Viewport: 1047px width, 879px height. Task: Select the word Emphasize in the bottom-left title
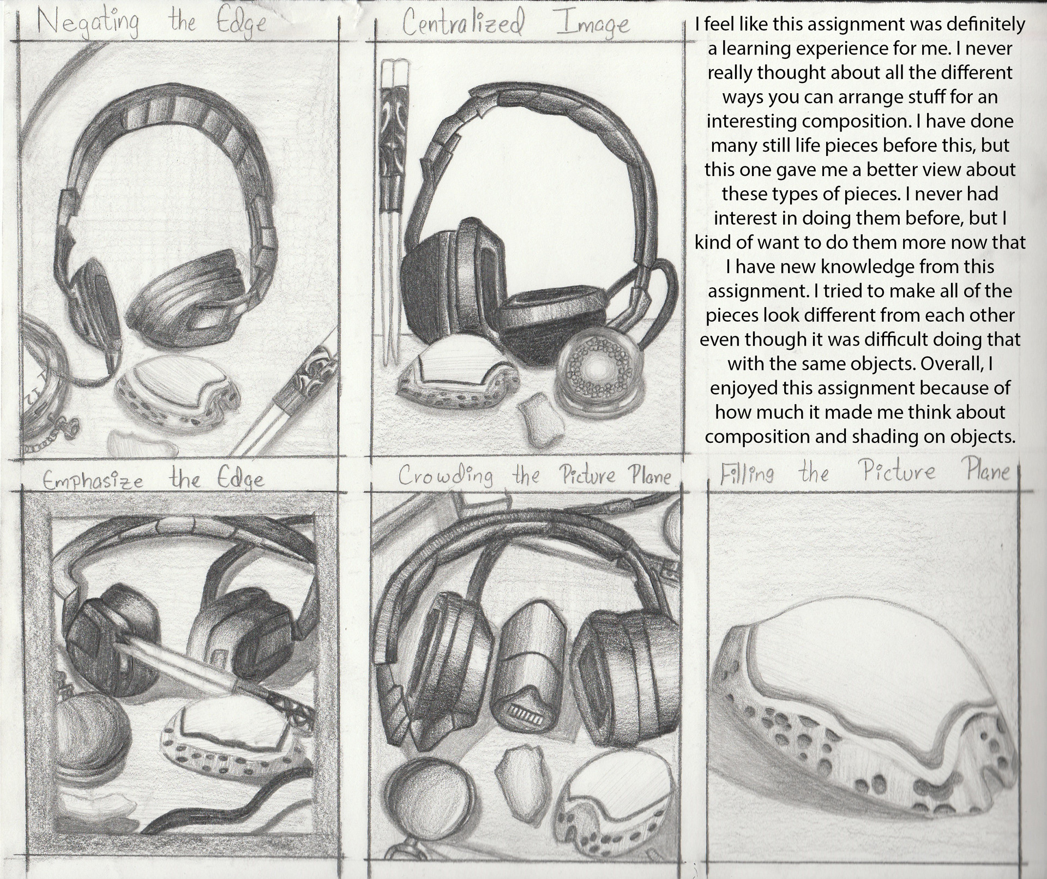pos(93,480)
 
